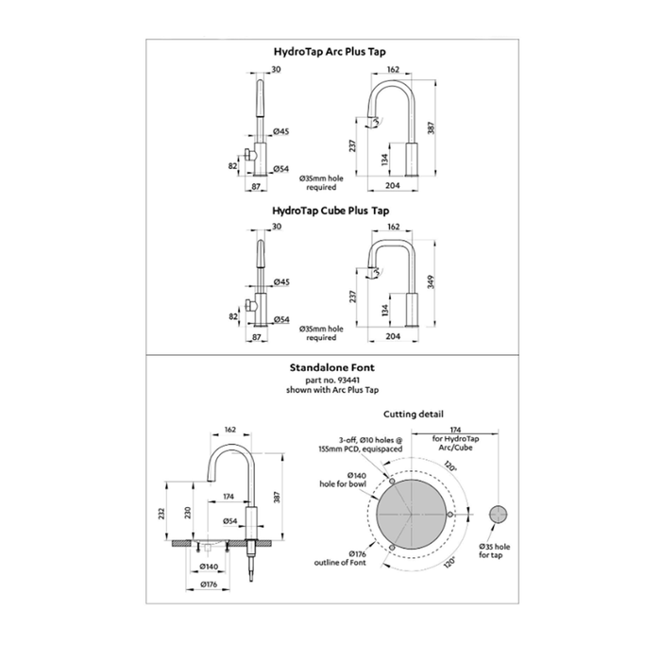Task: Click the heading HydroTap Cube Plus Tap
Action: [x=330, y=212]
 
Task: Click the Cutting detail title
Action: [x=414, y=415]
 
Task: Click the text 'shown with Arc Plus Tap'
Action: [x=330, y=390]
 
